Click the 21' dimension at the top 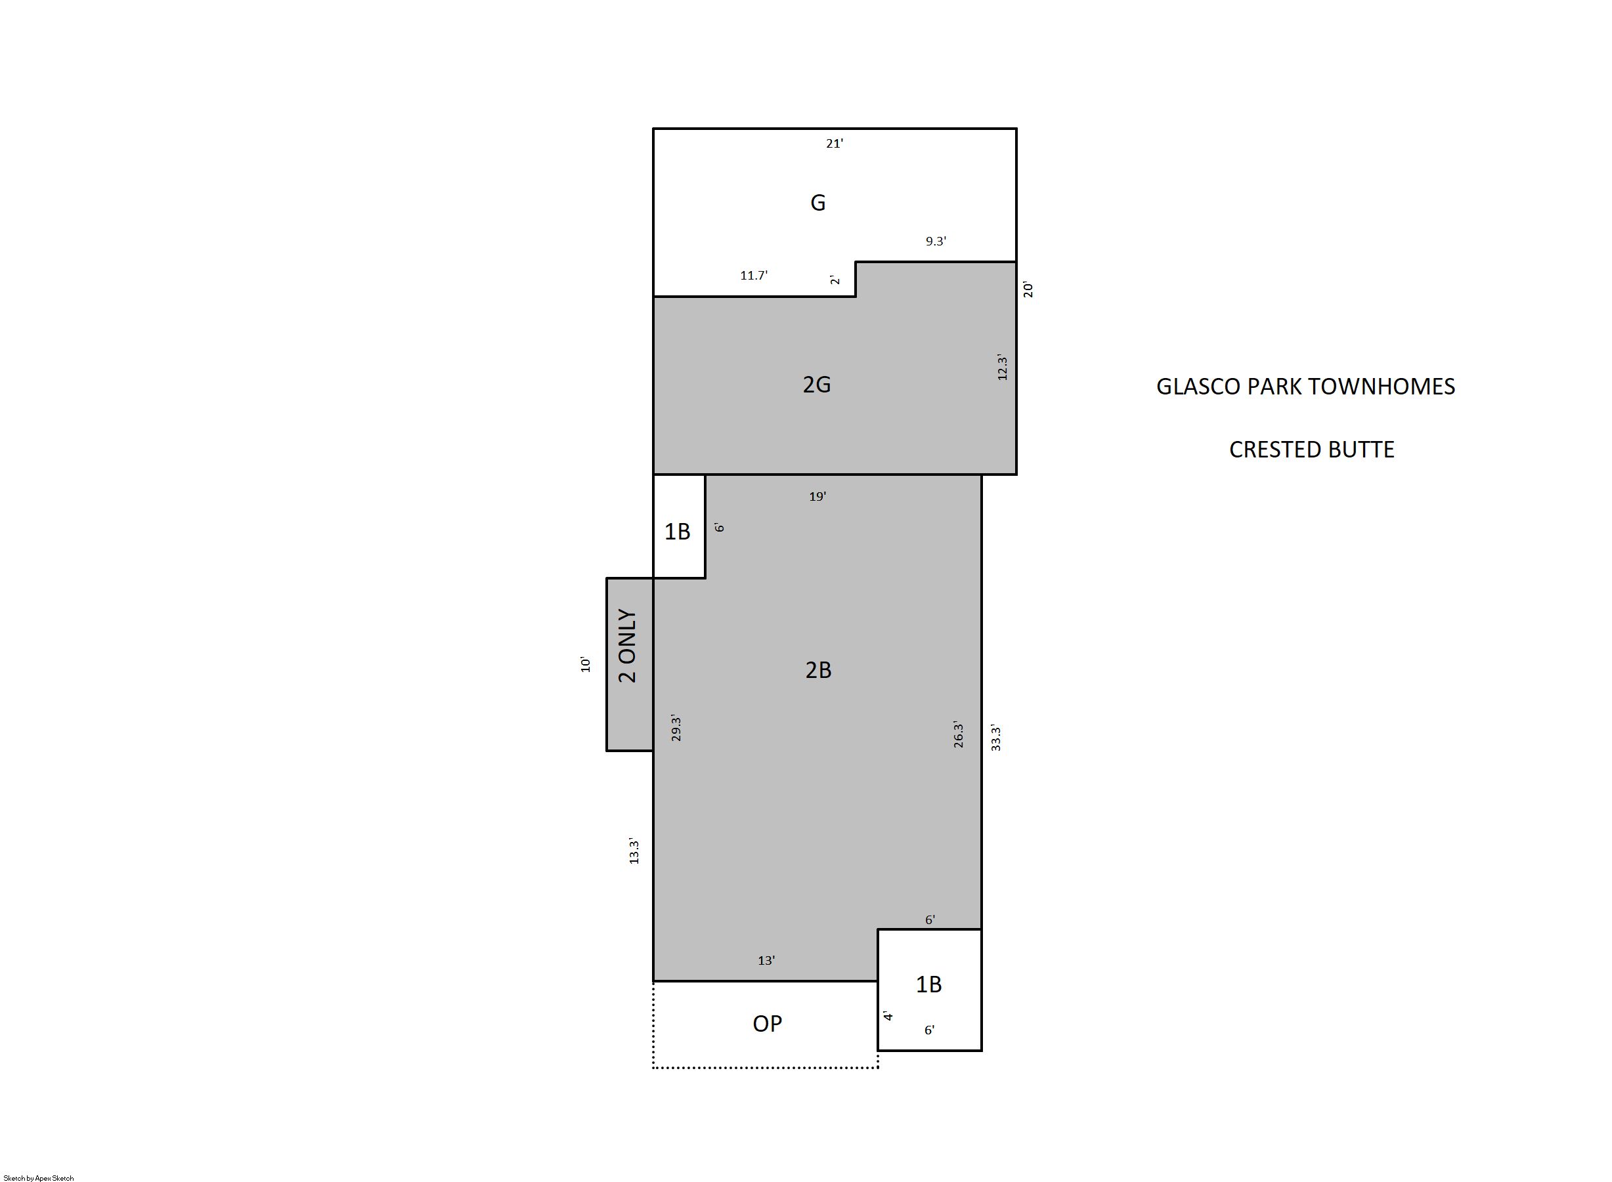pos(835,144)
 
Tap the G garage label pos(817,203)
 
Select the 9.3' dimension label pos(936,241)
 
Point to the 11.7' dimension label pos(754,276)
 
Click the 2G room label pos(817,385)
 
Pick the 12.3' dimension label pos(1002,368)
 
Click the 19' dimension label pos(817,497)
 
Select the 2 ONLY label pos(627,646)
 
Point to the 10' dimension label pos(585,664)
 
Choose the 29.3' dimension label pos(675,728)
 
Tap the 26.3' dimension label pos(959,736)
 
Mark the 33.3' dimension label pos(995,738)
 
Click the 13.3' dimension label pos(633,851)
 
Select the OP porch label pos(768,1024)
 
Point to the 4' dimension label pos(888,1016)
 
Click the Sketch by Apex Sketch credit pos(39,1177)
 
